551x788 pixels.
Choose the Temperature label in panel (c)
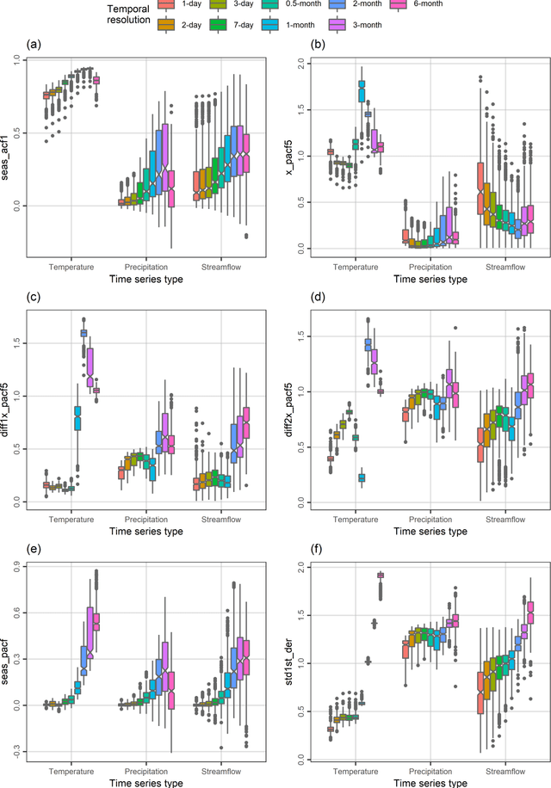tap(72, 520)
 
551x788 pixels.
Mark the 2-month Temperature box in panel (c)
tap(84, 333)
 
